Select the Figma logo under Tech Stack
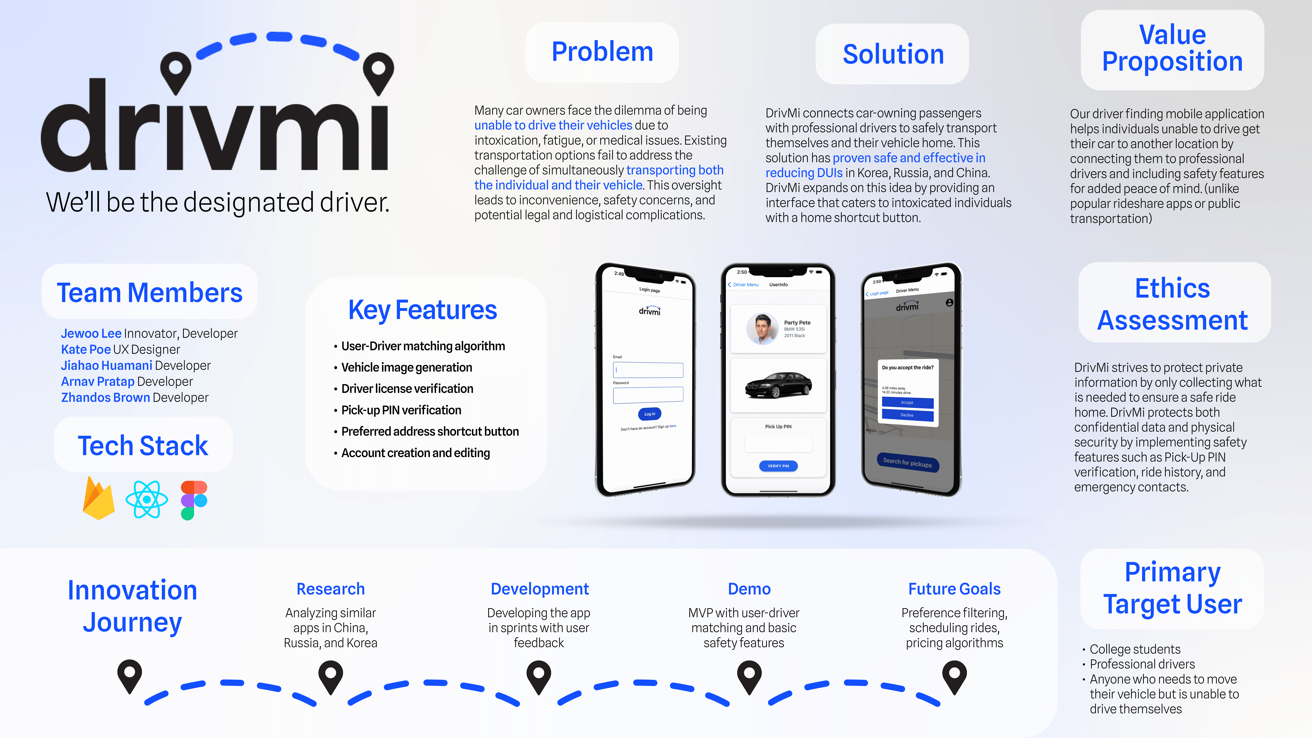pos(194,500)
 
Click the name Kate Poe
pos(86,349)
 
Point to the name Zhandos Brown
pos(105,397)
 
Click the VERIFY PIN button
pos(778,466)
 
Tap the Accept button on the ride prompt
pos(907,402)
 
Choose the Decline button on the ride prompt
pos(907,415)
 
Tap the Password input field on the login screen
pos(648,395)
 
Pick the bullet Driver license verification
pos(407,389)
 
